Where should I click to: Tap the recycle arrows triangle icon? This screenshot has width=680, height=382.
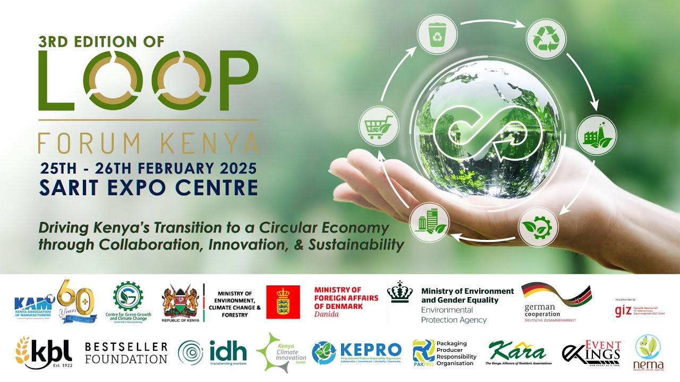click(x=546, y=38)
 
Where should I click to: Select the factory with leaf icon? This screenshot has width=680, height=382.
click(x=597, y=135)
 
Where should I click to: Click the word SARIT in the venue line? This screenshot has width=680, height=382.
click(x=69, y=187)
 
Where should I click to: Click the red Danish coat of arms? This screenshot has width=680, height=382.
click(x=283, y=302)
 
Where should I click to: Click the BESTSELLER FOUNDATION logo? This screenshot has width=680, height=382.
click(x=126, y=353)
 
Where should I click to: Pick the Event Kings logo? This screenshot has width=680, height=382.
click(x=591, y=353)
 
